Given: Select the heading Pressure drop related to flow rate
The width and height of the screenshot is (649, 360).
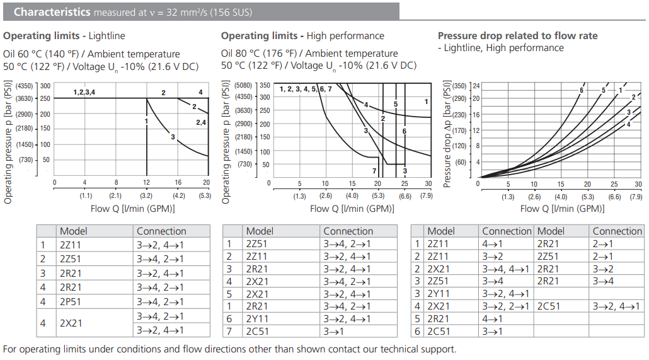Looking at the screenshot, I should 517,36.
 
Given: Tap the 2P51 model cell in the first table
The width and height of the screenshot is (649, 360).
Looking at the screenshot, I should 71,302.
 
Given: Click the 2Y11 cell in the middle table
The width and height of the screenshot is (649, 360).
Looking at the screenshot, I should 258,319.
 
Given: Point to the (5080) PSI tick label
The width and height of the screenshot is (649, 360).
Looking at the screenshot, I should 243,85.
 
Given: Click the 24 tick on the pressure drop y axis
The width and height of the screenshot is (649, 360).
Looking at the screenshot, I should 476,85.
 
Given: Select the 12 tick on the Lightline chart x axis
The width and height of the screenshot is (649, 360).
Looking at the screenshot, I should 147,183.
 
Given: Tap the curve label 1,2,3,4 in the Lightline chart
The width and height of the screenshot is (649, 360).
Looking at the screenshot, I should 84,93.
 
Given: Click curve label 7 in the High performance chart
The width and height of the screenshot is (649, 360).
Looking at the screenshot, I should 374,171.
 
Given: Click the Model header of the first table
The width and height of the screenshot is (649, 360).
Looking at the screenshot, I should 73,231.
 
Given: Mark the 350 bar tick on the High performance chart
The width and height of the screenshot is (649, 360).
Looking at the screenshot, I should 265,85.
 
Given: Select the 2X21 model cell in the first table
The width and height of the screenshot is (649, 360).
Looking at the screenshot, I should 71,323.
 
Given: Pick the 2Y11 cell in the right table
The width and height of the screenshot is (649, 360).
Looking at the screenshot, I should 440,293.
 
